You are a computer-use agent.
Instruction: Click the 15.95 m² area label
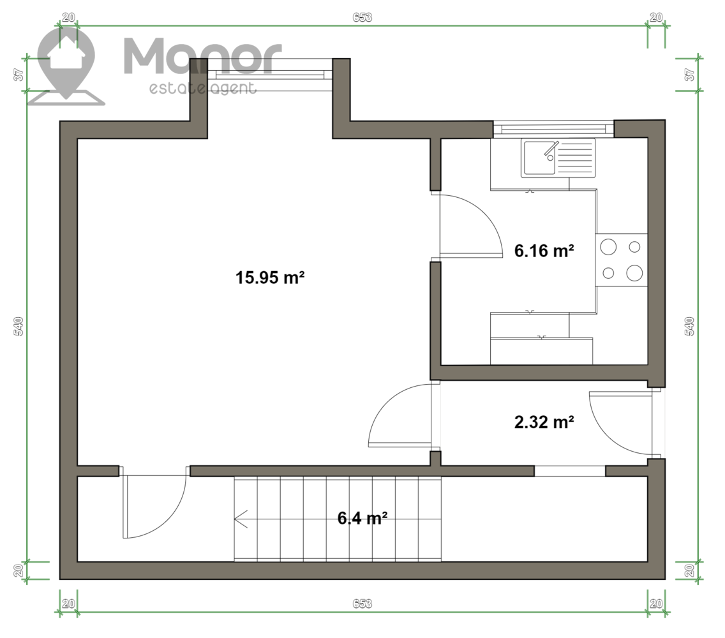point(270,278)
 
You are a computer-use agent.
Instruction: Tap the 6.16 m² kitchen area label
point(544,251)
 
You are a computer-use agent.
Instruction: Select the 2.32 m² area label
point(544,422)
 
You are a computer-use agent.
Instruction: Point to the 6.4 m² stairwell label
point(362,518)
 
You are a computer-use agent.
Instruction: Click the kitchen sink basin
point(539,158)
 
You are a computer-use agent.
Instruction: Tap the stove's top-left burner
point(608,247)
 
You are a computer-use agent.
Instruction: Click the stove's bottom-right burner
point(634,273)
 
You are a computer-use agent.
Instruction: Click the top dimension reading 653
point(362,18)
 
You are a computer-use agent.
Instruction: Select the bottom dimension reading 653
point(362,604)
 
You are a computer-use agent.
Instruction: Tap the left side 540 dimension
point(19,326)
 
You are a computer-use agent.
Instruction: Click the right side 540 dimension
point(689,326)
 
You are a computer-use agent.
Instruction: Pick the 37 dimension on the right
point(689,75)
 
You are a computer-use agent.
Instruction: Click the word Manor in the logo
point(202,56)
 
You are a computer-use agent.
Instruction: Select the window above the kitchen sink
point(553,128)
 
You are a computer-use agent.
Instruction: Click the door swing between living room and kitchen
point(471,225)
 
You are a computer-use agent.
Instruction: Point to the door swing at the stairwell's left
point(154,502)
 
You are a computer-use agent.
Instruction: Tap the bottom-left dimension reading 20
point(68,604)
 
